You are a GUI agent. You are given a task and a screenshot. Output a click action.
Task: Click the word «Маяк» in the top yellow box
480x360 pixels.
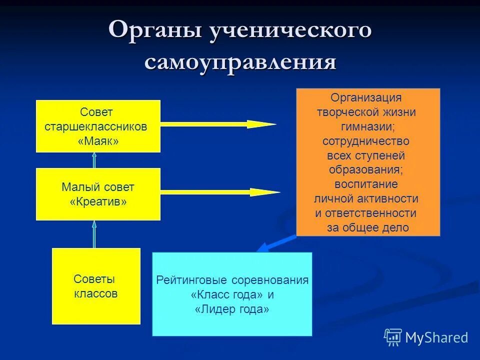click(x=98, y=141)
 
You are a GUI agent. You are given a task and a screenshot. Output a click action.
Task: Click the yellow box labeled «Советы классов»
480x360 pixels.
click(x=96, y=286)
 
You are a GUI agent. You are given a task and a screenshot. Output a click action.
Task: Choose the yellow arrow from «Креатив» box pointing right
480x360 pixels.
click(x=220, y=192)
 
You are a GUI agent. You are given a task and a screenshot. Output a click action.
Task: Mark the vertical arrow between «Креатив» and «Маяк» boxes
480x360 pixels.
click(x=94, y=160)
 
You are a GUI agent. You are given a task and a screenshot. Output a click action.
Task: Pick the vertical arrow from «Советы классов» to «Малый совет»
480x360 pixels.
click(x=94, y=234)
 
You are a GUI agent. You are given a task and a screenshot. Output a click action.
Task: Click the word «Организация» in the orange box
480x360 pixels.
click(x=366, y=97)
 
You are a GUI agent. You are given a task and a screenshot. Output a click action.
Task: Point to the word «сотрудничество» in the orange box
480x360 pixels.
click(x=366, y=141)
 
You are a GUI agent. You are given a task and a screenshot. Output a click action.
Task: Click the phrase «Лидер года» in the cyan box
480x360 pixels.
click(x=232, y=309)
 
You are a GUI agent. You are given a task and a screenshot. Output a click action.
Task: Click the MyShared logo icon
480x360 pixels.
click(x=393, y=337)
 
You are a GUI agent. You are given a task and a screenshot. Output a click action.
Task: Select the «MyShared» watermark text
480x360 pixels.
click(x=436, y=337)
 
